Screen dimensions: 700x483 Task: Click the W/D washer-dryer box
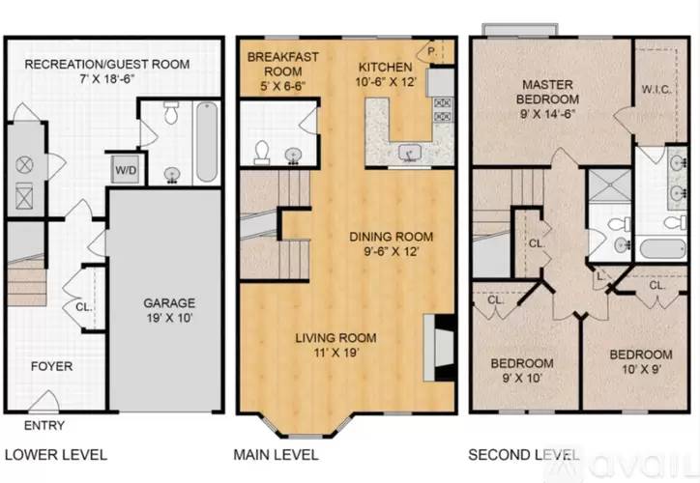pos(125,169)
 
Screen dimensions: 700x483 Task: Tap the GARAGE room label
pos(169,303)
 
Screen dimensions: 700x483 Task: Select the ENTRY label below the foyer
pos(44,425)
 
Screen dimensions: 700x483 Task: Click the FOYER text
pos(52,366)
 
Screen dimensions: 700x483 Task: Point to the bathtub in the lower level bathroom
pos(207,142)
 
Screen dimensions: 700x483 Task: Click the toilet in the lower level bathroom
pos(171,113)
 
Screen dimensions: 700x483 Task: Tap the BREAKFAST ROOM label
pos(283,64)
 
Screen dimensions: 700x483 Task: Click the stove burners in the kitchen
pos(444,110)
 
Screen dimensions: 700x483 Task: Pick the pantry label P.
pos(431,52)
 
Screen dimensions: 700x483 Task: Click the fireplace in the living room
pos(438,348)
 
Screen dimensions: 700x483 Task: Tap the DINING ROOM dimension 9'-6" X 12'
pos(392,251)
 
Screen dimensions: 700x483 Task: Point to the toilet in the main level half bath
pos(262,152)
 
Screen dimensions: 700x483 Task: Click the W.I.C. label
pos(656,89)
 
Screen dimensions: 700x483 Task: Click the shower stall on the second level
pos(609,185)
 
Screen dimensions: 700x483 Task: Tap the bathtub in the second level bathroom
pos(663,249)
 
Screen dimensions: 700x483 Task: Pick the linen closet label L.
pos(600,276)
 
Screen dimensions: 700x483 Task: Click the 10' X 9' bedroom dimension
pos(642,370)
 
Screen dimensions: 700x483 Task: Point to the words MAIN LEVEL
pos(276,455)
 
